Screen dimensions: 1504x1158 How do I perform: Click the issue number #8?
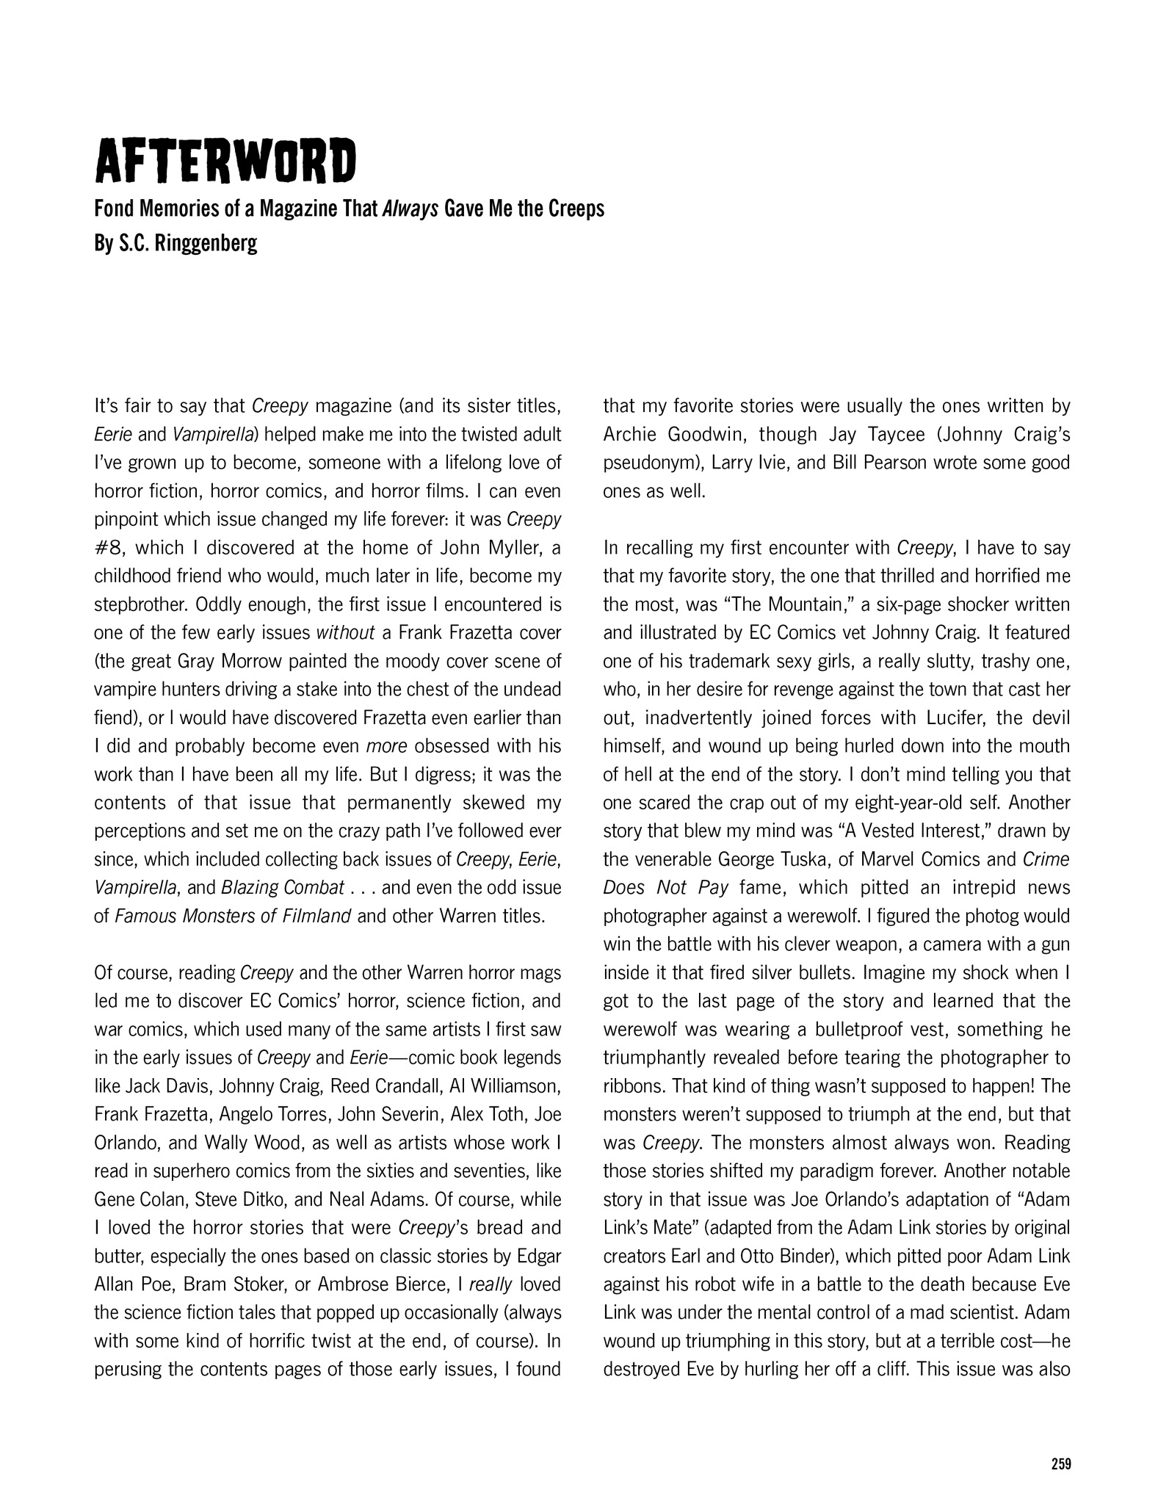(109, 548)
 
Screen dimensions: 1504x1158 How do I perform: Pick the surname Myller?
(505, 548)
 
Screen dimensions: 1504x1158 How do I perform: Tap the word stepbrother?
(137, 604)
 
